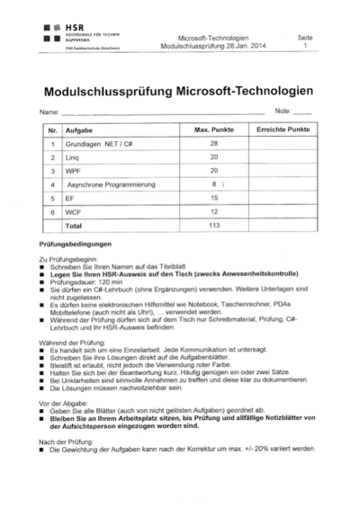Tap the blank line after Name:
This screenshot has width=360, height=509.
[162, 112]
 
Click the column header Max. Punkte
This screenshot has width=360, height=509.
[213, 130]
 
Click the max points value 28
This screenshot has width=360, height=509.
[213, 144]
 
